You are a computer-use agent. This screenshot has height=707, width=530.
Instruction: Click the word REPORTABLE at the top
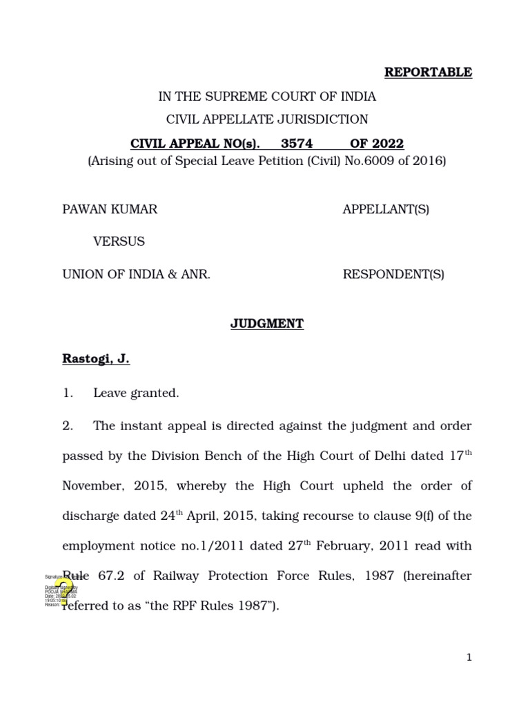click(428, 72)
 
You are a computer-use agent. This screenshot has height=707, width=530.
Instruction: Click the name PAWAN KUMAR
click(110, 209)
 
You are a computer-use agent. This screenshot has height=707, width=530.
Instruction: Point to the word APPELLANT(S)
click(386, 209)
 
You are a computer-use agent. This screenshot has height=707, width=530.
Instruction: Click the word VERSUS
click(119, 242)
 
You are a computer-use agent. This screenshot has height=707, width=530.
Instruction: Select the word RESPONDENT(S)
click(393, 274)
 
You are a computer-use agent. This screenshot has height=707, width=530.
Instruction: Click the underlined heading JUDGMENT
click(267, 324)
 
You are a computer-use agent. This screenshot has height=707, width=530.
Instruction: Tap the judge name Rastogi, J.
click(96, 359)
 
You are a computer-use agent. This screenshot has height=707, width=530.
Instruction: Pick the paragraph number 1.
click(68, 394)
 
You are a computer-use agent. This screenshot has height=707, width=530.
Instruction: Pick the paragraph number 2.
click(68, 426)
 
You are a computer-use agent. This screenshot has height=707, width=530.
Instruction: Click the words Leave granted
click(136, 394)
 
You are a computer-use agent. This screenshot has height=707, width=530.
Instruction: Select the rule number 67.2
click(107, 576)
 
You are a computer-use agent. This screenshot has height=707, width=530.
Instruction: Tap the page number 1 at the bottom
click(469, 658)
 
